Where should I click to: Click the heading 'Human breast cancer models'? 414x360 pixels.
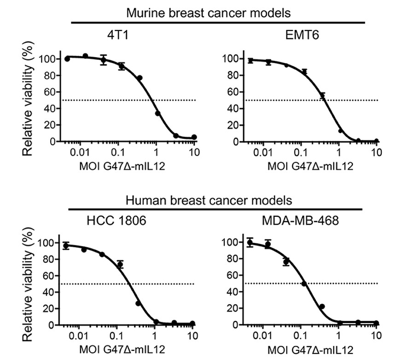[216, 200]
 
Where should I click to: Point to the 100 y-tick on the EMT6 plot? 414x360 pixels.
[230, 59]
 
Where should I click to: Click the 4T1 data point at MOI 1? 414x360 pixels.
[157, 113]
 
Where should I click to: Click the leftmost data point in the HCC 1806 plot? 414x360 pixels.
[66, 246]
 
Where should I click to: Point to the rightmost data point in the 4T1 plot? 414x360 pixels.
[194, 137]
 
